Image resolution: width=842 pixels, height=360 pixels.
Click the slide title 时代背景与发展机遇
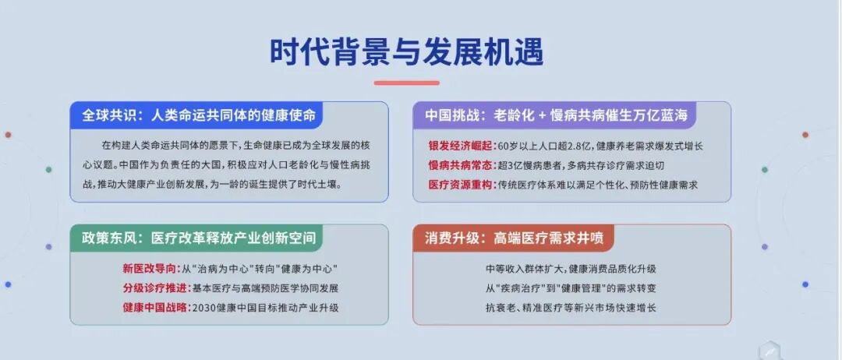click(406, 52)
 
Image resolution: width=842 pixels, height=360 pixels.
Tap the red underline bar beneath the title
click(406, 83)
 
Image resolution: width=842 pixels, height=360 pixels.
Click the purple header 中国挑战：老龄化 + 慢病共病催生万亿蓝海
click(557, 115)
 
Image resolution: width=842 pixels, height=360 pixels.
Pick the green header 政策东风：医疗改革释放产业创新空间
click(199, 238)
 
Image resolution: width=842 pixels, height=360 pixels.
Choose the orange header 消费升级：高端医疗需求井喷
click(514, 238)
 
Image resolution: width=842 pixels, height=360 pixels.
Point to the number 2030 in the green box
click(203, 308)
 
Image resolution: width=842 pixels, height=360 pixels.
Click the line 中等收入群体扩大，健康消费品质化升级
click(571, 268)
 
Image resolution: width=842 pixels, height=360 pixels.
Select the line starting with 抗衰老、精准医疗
click(571, 308)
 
